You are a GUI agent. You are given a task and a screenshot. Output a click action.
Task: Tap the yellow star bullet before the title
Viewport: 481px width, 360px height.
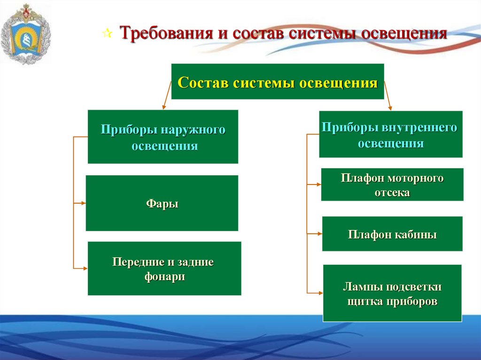click(x=107, y=34)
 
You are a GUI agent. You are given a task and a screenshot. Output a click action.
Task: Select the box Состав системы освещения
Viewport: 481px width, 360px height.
click(x=278, y=82)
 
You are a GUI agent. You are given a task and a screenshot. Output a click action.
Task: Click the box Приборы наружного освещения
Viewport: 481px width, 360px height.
click(x=163, y=137)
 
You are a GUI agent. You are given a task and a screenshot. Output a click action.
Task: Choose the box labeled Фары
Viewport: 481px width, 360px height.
click(x=162, y=203)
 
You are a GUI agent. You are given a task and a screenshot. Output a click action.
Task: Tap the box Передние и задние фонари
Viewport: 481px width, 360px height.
click(x=164, y=268)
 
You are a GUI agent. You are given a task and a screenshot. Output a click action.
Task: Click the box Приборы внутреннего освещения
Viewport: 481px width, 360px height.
click(x=390, y=134)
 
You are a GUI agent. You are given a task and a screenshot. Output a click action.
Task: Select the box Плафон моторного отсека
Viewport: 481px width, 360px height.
click(x=392, y=184)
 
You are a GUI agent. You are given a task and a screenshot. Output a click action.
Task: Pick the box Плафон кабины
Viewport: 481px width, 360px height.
click(x=392, y=234)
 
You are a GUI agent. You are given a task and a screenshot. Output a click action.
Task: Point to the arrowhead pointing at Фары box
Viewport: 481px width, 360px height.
click(x=83, y=203)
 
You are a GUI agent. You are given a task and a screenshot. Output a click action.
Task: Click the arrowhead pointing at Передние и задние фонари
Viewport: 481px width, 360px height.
click(x=85, y=268)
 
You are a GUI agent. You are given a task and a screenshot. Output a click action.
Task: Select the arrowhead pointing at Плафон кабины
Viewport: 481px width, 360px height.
click(x=319, y=234)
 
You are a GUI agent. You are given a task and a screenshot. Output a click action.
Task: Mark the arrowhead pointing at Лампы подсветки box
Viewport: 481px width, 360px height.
click(x=320, y=293)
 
